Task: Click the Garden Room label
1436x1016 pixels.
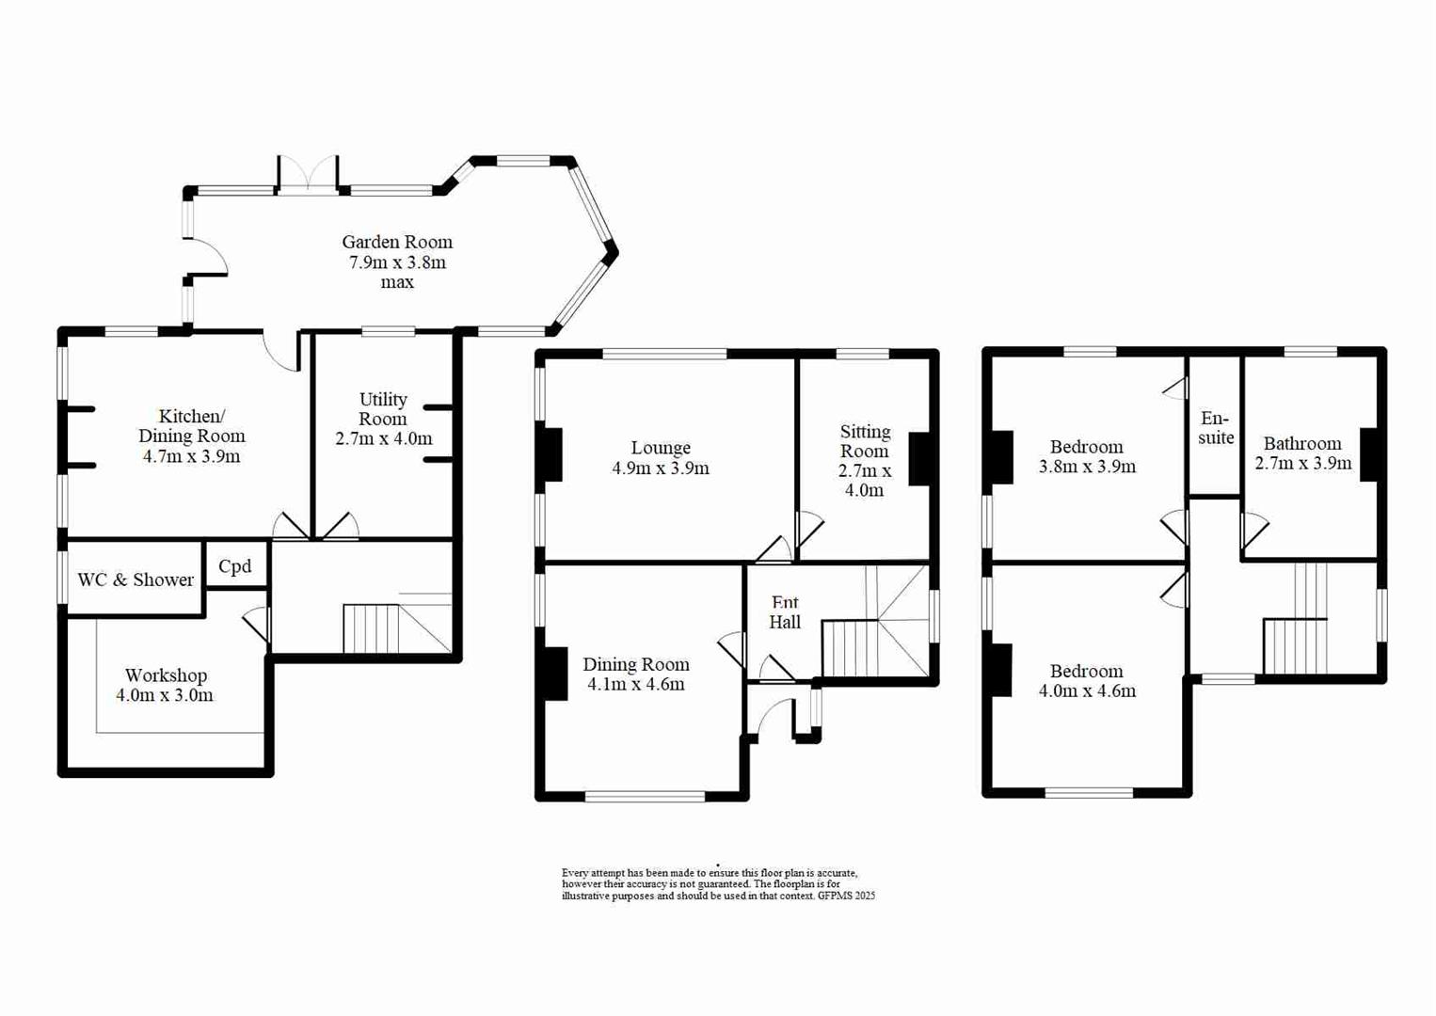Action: (x=397, y=242)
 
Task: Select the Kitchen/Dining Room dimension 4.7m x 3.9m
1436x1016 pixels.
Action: (x=191, y=457)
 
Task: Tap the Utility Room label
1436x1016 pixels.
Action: (x=383, y=409)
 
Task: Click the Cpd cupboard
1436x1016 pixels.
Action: (x=235, y=566)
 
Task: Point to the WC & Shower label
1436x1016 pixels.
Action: (x=136, y=580)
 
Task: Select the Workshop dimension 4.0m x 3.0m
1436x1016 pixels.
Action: (x=165, y=696)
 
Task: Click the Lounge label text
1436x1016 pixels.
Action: (x=661, y=448)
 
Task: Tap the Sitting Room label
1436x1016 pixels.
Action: (x=865, y=441)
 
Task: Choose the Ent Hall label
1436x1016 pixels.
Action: (x=785, y=612)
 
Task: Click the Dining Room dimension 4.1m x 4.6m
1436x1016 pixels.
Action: (x=636, y=685)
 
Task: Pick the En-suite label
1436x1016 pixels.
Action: (x=1216, y=428)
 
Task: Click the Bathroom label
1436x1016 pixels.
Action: (x=1302, y=443)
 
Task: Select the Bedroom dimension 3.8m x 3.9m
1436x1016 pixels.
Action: (x=1087, y=467)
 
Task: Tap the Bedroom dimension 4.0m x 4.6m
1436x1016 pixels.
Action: (x=1087, y=691)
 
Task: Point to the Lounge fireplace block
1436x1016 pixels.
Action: (x=552, y=455)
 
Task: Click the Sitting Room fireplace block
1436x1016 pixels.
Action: (x=918, y=459)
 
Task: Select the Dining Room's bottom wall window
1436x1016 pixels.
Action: (x=645, y=797)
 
